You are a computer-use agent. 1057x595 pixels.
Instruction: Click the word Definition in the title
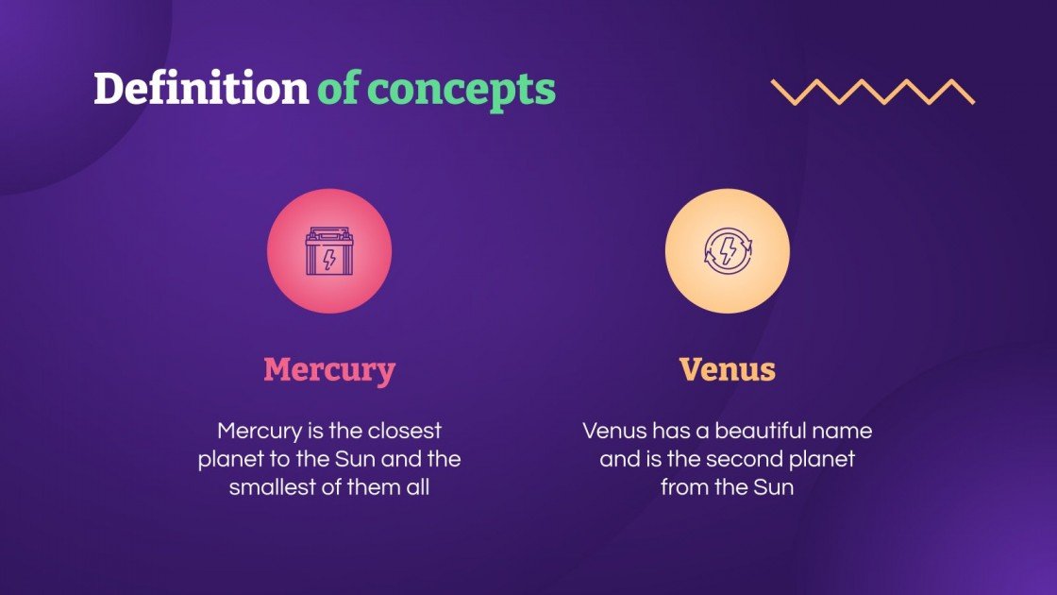click(x=200, y=89)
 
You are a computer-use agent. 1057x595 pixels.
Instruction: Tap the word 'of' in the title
click(x=338, y=89)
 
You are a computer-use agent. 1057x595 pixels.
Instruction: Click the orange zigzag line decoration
click(x=872, y=92)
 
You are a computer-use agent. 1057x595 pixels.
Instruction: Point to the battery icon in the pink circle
click(x=328, y=252)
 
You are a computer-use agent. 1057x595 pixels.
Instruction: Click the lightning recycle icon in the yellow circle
click(x=727, y=252)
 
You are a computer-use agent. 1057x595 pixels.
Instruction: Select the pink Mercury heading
click(x=328, y=369)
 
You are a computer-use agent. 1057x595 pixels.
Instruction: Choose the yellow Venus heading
click(x=727, y=369)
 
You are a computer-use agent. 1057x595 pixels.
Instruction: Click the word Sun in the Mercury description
click(x=373, y=460)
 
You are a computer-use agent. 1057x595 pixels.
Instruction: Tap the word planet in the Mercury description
click(x=228, y=460)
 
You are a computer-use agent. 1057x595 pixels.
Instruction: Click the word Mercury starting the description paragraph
click(x=260, y=432)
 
